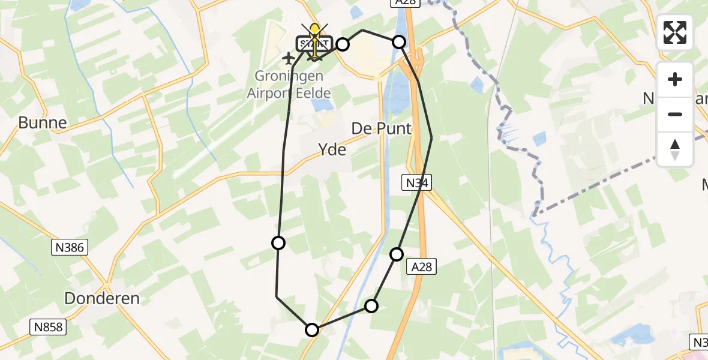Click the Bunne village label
tap(42, 123)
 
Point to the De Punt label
tap(382, 128)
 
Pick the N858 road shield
tap(47, 327)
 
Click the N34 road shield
tap(416, 183)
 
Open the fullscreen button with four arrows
tap(675, 32)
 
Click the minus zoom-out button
tap(675, 114)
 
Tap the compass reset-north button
tap(675, 149)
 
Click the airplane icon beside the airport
tap(289, 58)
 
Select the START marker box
tap(314, 44)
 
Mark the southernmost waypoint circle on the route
tap(312, 329)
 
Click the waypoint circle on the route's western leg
tap(278, 242)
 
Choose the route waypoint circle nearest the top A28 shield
tap(399, 42)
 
